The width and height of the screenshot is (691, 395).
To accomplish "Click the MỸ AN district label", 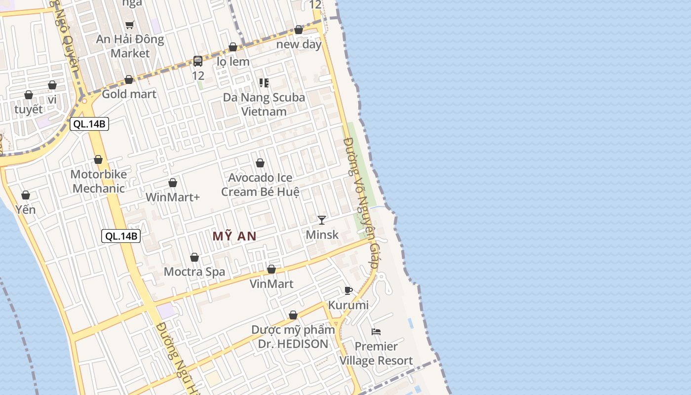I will pyautogui.click(x=234, y=237).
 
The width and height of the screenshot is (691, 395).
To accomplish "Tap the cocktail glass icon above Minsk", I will pyautogui.click(x=322, y=220).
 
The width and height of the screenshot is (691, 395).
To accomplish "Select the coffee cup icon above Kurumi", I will pyautogui.click(x=348, y=290).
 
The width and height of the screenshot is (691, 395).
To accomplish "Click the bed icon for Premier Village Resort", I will pyautogui.click(x=376, y=331).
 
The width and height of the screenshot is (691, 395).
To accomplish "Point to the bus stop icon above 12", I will pyautogui.click(x=198, y=61).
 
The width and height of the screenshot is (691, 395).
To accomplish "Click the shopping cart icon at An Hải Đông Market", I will pyautogui.click(x=130, y=25).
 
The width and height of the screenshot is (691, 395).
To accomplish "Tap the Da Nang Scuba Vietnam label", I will pyautogui.click(x=264, y=104).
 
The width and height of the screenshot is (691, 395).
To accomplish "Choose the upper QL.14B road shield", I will pyautogui.click(x=89, y=124).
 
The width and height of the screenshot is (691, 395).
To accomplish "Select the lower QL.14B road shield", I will pyautogui.click(x=121, y=236).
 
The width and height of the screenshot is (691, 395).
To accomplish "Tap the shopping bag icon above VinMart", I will pyautogui.click(x=271, y=270).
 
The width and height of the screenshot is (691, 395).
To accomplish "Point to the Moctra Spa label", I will pyautogui.click(x=194, y=272).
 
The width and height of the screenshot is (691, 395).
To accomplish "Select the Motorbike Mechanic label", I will pyautogui.click(x=99, y=181).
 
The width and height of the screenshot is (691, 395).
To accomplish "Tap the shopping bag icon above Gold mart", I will pyautogui.click(x=129, y=79).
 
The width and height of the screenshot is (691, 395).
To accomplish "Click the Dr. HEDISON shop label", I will pyautogui.click(x=293, y=344).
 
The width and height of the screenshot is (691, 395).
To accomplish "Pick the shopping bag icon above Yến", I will pyautogui.click(x=26, y=196).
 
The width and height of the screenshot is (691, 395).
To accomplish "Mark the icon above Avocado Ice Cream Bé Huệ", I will pyautogui.click(x=260, y=163).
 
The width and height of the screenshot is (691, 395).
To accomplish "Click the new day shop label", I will pyautogui.click(x=299, y=44).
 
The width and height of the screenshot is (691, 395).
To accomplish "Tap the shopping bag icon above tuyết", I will pyautogui.click(x=29, y=95).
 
